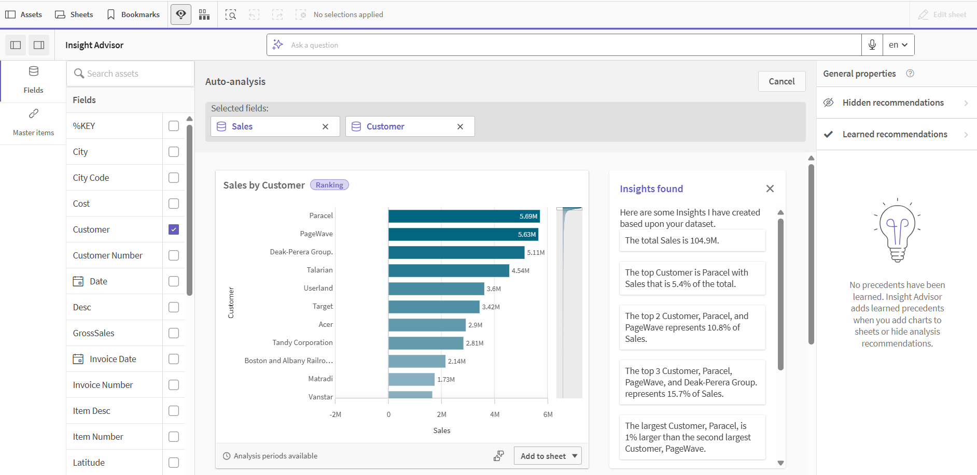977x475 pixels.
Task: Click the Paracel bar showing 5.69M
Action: coord(464,216)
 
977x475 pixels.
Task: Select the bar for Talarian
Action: coord(449,270)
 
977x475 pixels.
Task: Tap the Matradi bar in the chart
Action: coord(411,379)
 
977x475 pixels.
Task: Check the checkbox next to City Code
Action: coord(174,178)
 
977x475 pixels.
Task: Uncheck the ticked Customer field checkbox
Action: coord(174,229)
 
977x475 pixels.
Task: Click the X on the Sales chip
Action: coord(325,126)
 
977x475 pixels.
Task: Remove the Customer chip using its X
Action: coord(460,126)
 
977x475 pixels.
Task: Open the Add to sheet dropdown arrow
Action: coord(575,456)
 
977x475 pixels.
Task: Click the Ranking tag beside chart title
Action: coord(329,185)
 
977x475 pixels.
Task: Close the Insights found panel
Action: coord(770,189)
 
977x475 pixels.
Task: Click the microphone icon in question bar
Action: coord(872,45)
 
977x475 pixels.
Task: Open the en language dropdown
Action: coord(898,45)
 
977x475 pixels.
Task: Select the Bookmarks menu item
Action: coord(133,15)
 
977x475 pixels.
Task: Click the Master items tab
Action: coord(33,122)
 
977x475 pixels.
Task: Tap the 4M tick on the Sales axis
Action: coord(495,414)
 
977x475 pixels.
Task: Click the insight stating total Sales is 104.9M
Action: coord(692,240)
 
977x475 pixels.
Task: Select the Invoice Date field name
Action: coord(113,359)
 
